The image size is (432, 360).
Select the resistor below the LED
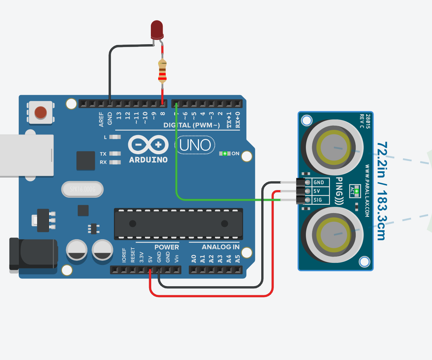(162, 72)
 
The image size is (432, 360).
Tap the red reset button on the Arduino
(41, 112)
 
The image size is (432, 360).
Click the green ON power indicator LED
(225, 154)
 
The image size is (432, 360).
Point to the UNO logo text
(195, 145)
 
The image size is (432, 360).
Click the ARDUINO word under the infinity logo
(148, 160)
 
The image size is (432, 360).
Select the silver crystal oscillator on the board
(83, 189)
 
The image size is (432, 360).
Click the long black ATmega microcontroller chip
(178, 224)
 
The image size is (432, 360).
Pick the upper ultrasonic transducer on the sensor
(333, 147)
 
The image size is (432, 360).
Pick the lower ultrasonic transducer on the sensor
(333, 234)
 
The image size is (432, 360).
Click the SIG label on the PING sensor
(318, 200)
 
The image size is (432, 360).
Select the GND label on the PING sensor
(318, 182)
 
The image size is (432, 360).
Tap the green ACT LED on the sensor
(356, 191)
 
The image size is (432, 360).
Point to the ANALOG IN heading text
(221, 247)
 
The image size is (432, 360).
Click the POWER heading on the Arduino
(167, 247)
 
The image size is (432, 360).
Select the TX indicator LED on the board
(115, 154)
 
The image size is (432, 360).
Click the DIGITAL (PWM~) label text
(192, 125)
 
